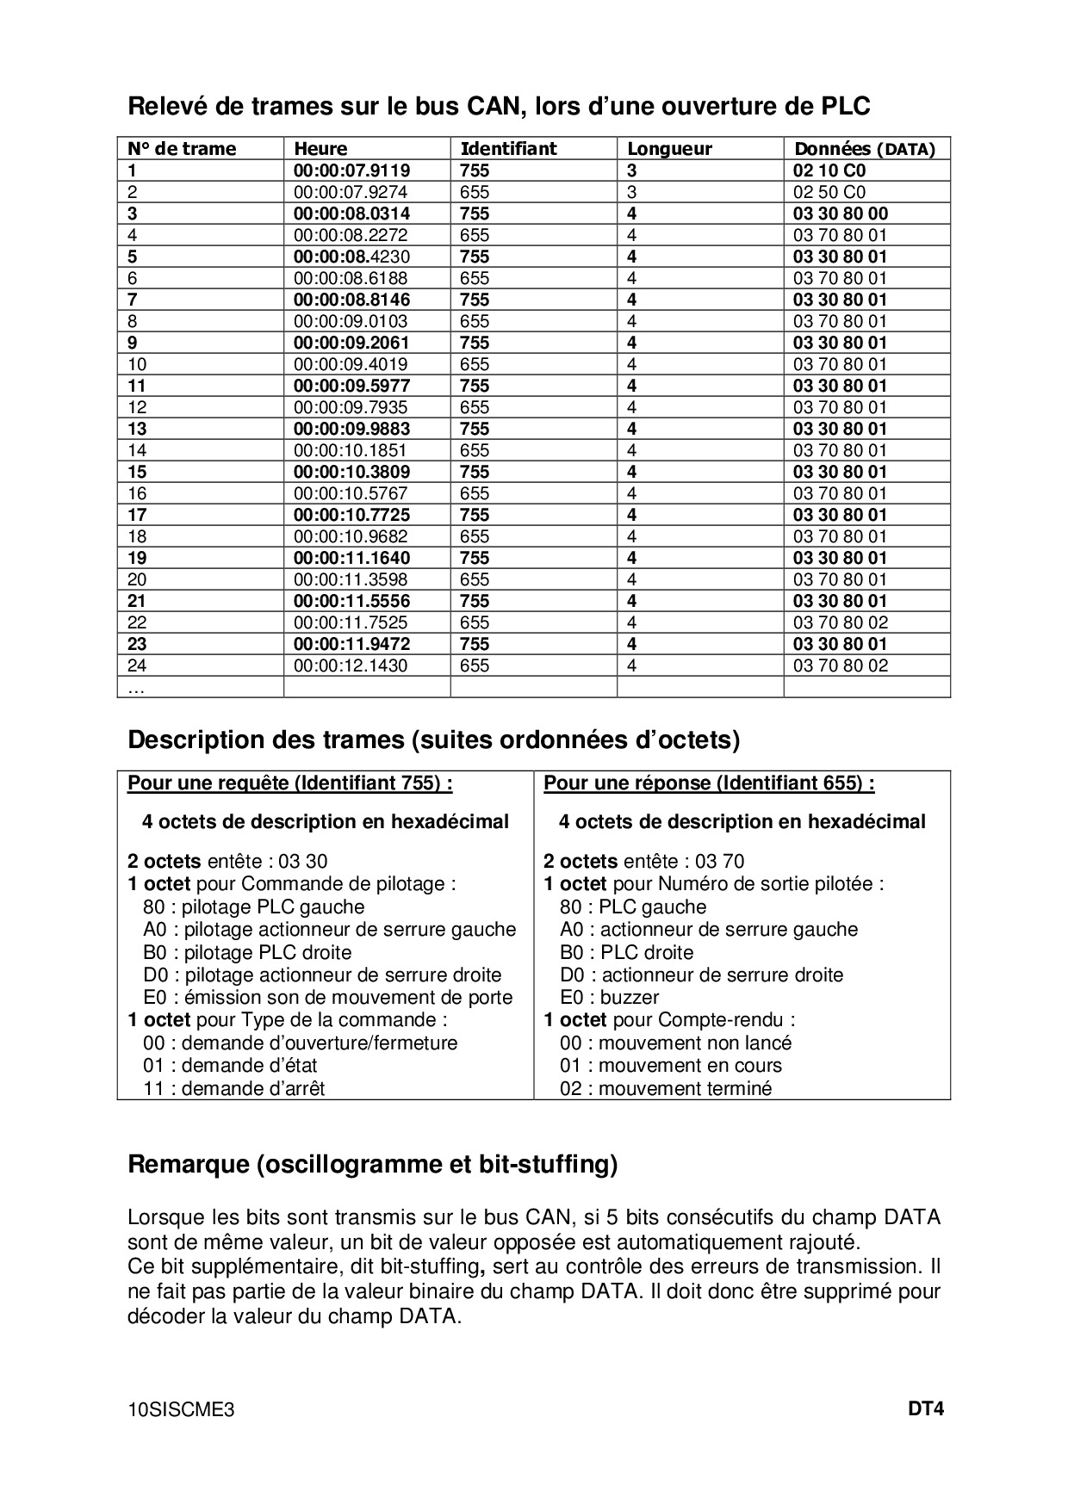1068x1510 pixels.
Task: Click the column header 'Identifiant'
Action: coord(508,149)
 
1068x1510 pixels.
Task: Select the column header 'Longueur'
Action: coord(669,149)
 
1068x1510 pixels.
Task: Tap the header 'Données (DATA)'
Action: coord(864,149)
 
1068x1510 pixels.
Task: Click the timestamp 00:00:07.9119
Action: coord(351,170)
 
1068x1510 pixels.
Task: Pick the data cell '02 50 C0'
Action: coord(829,192)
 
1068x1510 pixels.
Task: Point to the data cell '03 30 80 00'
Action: coord(840,214)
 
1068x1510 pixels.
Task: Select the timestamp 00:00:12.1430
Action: coord(351,665)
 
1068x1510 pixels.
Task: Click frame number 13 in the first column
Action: coord(137,429)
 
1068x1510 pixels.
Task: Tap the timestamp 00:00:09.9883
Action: coord(351,429)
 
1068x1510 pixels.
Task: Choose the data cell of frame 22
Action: coord(840,622)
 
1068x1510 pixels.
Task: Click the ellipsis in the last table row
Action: coord(136,689)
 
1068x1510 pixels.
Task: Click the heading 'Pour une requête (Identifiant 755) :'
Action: coord(290,783)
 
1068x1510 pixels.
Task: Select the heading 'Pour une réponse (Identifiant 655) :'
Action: coord(709,783)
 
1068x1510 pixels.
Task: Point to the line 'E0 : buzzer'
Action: coord(609,998)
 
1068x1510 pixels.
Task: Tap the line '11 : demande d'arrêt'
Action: coord(233,1089)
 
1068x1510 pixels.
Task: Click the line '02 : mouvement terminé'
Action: coord(665,1089)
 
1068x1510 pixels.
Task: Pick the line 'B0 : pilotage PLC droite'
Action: coord(247,953)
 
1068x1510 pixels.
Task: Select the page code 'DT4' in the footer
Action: coord(926,1410)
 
